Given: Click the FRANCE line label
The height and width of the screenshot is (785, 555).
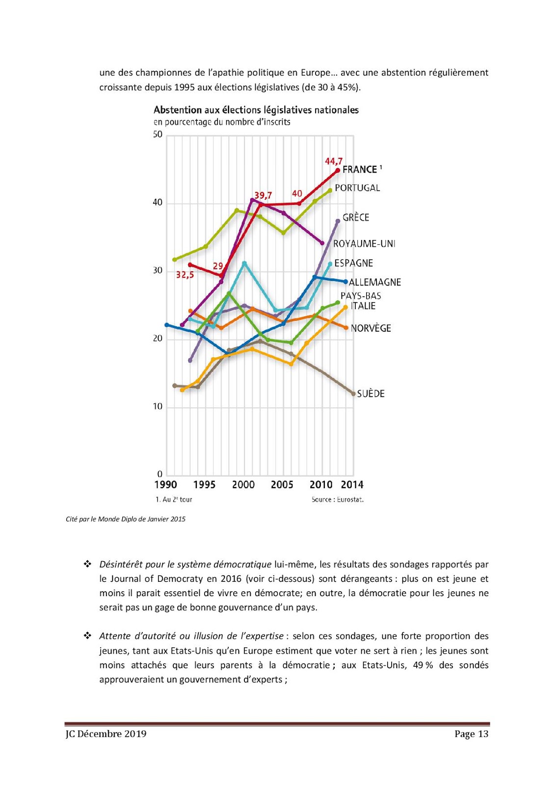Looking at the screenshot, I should click(360, 170).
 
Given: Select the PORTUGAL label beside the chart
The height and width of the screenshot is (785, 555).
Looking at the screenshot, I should click(357, 188).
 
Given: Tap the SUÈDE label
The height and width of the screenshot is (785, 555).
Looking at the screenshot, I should click(370, 393).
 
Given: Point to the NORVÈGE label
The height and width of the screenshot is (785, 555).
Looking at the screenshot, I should click(370, 328).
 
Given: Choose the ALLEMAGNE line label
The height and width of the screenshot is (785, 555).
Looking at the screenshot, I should click(375, 282).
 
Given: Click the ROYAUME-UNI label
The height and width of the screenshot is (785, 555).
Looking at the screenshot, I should click(364, 244).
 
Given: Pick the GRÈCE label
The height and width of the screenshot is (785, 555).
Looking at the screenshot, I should click(356, 217).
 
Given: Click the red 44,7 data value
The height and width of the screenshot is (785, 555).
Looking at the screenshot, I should click(334, 161).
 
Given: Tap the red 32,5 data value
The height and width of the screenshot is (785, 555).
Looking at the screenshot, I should click(185, 275).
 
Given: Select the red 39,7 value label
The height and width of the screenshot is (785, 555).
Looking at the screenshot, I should click(263, 195).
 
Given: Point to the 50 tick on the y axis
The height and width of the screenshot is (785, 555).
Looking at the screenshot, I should click(158, 134).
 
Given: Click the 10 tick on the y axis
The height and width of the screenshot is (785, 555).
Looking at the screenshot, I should click(158, 406).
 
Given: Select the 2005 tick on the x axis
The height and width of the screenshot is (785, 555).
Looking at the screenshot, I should click(282, 485).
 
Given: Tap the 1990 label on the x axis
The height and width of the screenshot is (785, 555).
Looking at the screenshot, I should click(166, 485).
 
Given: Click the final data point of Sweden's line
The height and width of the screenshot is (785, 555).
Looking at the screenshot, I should click(353, 393).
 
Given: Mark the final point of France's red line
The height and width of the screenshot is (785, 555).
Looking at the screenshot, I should click(338, 170).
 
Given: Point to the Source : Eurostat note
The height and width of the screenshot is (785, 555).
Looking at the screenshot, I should click(338, 499).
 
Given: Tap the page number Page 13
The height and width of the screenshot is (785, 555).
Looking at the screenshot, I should click(471, 734).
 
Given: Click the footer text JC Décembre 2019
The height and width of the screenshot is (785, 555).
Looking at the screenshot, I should click(106, 734).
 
